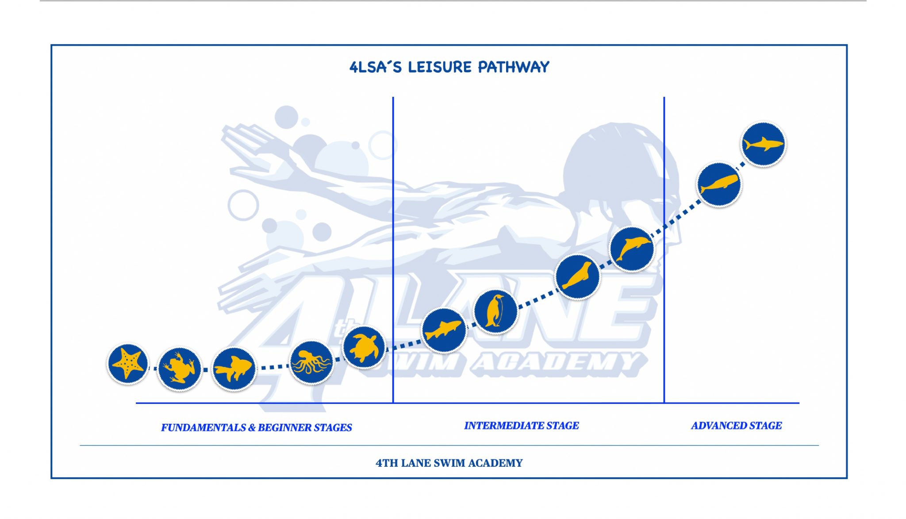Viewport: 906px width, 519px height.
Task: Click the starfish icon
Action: point(128,364)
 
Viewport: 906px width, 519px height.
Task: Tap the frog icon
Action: point(179,369)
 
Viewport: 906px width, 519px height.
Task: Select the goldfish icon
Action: point(234,369)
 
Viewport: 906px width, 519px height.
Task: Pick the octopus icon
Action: point(311,362)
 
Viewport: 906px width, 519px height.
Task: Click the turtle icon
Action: point(364,347)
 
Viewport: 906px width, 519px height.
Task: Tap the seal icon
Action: point(577,277)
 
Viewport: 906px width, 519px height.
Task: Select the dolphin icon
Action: point(632,249)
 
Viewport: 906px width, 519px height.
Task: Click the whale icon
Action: point(719,184)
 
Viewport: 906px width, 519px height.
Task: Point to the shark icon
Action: point(763,144)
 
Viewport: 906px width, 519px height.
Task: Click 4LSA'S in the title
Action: point(376,67)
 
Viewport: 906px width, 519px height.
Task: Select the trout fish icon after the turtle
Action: point(444,330)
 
